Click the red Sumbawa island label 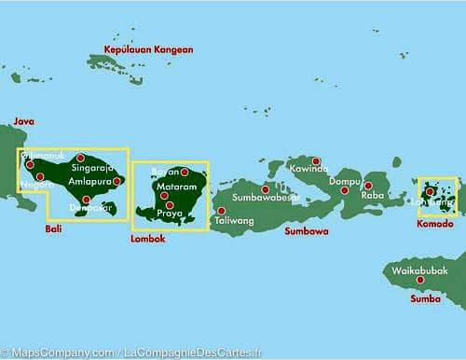[307, 230]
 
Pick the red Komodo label [434, 224]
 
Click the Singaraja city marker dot [81, 158]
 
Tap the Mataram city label [176, 187]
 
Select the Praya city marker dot [169, 204]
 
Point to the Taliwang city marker [221, 211]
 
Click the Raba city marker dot [368, 185]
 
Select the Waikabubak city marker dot [420, 279]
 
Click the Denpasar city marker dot [86, 199]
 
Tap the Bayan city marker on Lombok [185, 172]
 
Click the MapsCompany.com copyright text [56, 352]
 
